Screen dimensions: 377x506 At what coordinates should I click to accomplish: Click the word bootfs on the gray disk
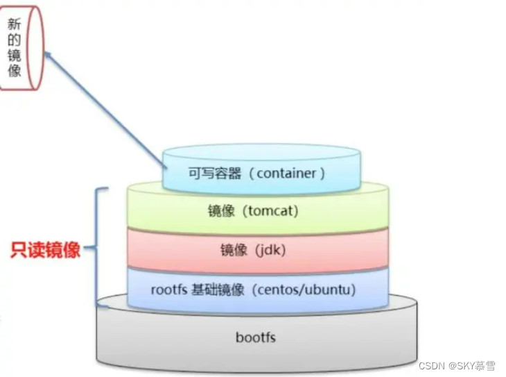click(x=256, y=337)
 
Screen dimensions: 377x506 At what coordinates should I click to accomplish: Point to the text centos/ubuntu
click(x=305, y=290)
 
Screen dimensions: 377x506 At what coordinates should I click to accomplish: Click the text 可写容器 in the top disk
click(x=215, y=173)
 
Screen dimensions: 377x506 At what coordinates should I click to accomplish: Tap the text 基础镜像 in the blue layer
click(x=219, y=290)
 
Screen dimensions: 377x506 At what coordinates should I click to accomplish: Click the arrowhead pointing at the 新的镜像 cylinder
click(x=49, y=56)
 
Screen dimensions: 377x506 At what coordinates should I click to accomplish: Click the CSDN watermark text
click(x=431, y=366)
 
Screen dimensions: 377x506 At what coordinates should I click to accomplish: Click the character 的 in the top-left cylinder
click(x=15, y=39)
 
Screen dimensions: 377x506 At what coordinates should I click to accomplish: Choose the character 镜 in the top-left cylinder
click(x=15, y=55)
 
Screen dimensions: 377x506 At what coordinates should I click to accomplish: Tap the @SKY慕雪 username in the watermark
click(x=475, y=366)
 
